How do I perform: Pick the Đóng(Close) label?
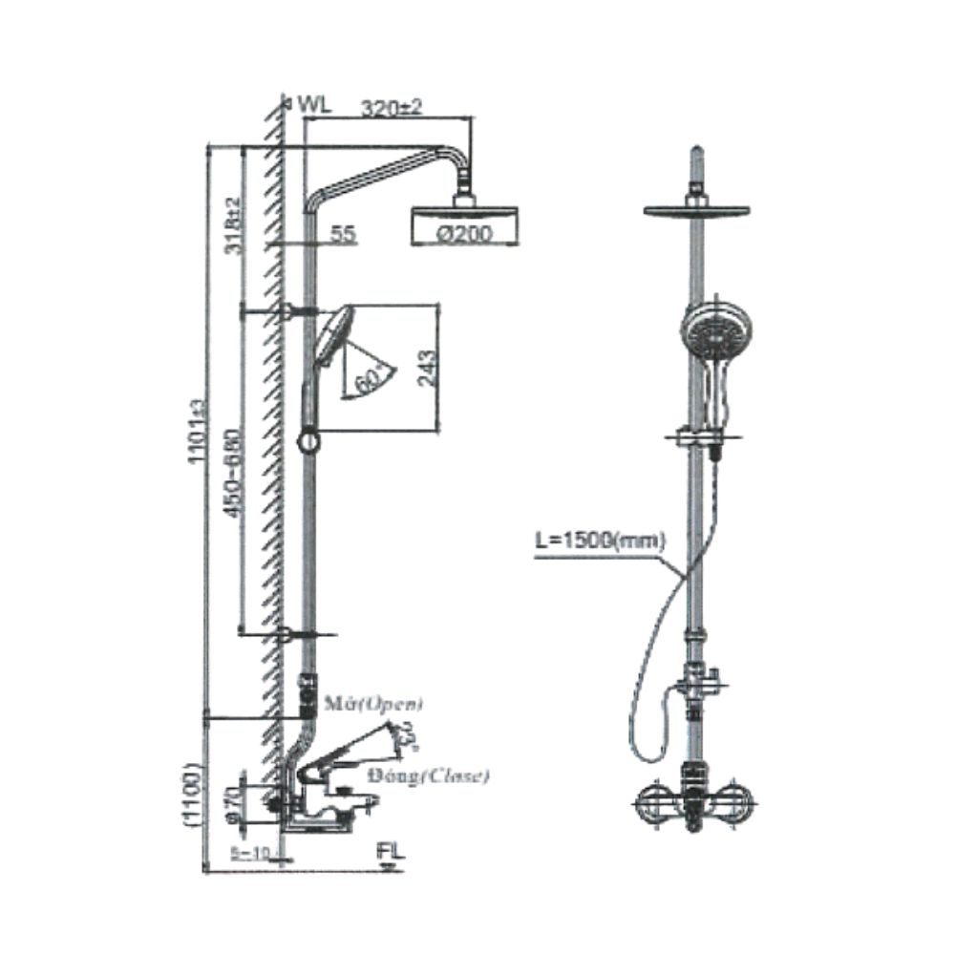445,775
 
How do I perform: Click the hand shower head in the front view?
716,330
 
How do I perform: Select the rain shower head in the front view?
697,209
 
